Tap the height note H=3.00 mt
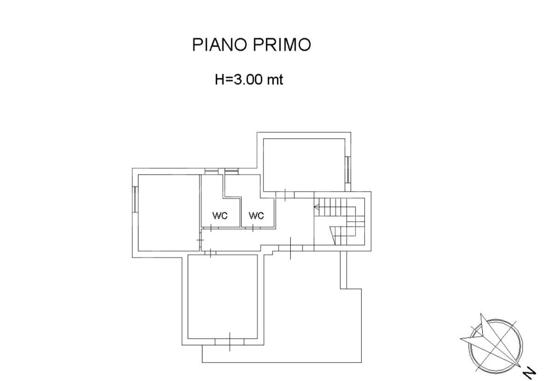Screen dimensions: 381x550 (x=249, y=80)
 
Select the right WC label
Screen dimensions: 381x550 (x=256, y=215)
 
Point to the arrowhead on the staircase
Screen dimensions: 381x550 (x=316, y=207)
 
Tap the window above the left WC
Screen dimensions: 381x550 (x=212, y=170)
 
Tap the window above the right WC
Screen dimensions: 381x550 (x=231, y=170)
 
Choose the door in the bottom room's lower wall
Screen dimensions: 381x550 (x=230, y=341)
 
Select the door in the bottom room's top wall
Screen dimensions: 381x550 (x=210, y=252)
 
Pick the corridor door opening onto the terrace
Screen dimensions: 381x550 (x=291, y=248)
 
